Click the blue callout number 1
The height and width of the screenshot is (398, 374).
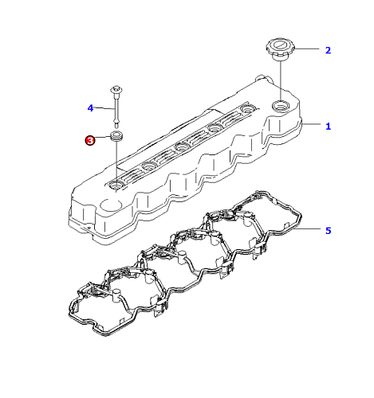[x=329, y=127]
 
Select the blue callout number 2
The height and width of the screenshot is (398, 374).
[x=329, y=50]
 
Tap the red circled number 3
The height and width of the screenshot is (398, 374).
[x=90, y=140]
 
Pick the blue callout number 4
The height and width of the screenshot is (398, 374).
[x=90, y=108]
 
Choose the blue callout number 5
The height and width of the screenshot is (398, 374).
[x=329, y=231]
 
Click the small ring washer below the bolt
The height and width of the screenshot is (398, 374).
[x=116, y=135]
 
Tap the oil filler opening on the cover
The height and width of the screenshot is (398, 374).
[x=281, y=106]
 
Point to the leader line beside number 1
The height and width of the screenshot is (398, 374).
[x=311, y=124]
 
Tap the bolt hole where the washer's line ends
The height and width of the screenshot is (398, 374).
[x=116, y=185]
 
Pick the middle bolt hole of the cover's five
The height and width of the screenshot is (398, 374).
[x=183, y=146]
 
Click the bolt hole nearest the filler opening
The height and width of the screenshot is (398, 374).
[x=248, y=109]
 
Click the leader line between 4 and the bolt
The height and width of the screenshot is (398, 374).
[x=104, y=108]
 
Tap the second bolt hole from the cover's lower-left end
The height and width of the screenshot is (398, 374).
[x=149, y=166]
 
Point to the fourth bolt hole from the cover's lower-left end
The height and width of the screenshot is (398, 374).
[x=215, y=127]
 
